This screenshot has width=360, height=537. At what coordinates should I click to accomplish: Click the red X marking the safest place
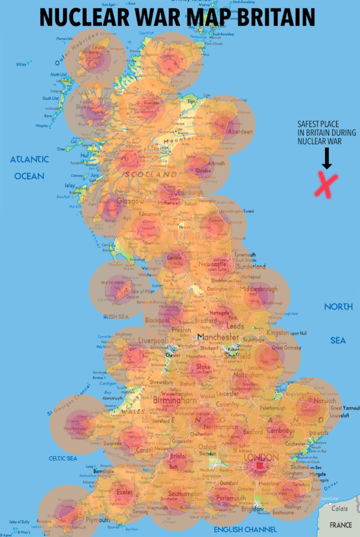click(x=325, y=185)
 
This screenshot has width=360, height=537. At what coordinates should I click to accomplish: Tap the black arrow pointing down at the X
click(x=326, y=157)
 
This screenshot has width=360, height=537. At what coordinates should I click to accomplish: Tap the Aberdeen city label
click(x=241, y=132)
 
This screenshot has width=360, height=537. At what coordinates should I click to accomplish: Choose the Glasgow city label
click(x=130, y=201)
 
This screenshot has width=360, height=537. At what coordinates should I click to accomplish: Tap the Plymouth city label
click(x=97, y=520)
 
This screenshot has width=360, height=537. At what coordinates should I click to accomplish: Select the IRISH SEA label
click(x=116, y=317)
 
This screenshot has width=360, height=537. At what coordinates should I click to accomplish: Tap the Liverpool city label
click(x=152, y=341)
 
